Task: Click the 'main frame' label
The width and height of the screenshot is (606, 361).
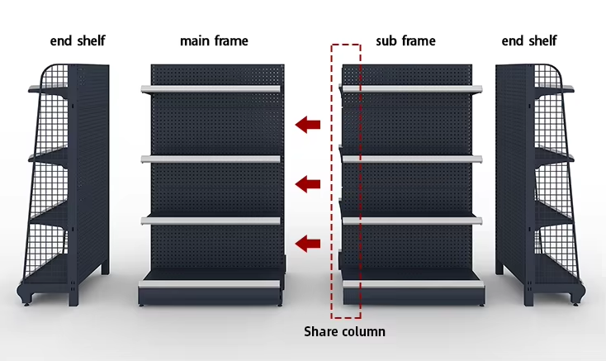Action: (214, 40)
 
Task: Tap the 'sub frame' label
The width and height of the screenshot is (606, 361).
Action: (406, 40)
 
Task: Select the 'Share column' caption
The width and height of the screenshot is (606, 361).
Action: (344, 331)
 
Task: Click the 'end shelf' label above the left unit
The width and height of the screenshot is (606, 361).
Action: (78, 40)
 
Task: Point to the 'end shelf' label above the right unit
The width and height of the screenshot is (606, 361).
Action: (529, 40)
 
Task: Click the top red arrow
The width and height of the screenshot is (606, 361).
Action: (308, 125)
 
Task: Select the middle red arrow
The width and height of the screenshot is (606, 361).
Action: (308, 184)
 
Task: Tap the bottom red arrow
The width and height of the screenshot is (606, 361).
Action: (308, 244)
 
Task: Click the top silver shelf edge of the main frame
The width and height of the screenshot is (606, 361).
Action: (211, 89)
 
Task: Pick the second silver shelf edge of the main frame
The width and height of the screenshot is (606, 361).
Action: (211, 159)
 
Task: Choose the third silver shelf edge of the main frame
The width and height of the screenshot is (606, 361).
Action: (211, 221)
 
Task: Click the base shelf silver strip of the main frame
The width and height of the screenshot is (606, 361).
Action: (209, 284)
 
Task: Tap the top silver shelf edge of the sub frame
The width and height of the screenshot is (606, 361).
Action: (412, 89)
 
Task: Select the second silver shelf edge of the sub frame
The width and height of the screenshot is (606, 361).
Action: (412, 159)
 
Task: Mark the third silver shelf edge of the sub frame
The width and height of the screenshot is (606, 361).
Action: (412, 221)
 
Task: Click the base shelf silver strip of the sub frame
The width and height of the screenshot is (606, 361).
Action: (414, 284)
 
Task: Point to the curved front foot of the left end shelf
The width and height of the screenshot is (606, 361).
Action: (24, 295)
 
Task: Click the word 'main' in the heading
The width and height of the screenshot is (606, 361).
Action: (194, 40)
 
